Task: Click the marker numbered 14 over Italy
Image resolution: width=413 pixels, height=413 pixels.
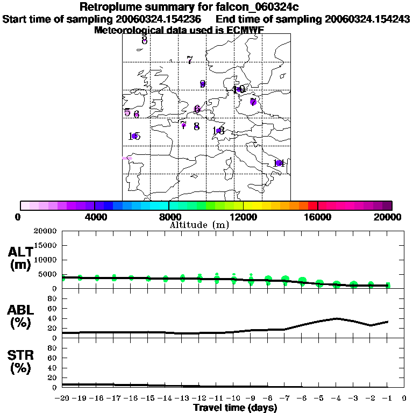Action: click(x=279, y=163)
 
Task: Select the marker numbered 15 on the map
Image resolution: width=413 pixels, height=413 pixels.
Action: click(x=134, y=137)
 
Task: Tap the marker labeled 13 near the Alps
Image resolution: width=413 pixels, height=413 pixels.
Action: click(x=218, y=131)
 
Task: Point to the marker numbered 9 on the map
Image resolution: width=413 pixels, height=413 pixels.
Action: click(x=203, y=84)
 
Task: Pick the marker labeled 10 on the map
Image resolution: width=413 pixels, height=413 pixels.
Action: click(x=239, y=90)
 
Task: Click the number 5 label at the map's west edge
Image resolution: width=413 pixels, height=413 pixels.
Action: click(x=127, y=112)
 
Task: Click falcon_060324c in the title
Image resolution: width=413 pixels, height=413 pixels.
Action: click(x=255, y=7)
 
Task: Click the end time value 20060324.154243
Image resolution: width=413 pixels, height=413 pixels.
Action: click(x=367, y=19)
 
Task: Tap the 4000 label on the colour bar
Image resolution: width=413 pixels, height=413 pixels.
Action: click(x=94, y=217)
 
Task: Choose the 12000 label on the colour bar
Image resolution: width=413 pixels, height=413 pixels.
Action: click(x=244, y=217)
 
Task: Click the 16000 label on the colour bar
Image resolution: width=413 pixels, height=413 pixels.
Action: click(x=318, y=217)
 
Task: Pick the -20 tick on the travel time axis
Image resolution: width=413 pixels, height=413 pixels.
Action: click(x=62, y=398)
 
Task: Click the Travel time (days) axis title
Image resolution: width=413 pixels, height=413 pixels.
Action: click(x=235, y=408)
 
